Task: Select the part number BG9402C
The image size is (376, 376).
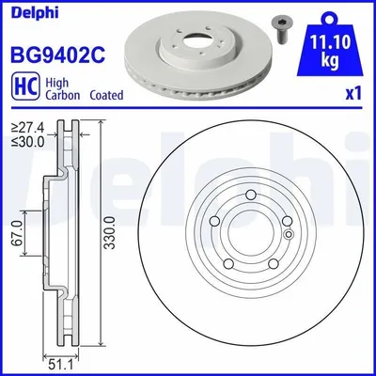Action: click(x=58, y=55)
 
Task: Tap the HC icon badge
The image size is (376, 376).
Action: click(x=25, y=86)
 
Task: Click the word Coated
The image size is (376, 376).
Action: click(x=106, y=95)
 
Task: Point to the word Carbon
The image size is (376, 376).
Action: click(x=63, y=95)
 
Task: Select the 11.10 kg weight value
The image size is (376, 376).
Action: click(x=330, y=51)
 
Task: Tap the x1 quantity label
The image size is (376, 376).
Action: click(x=353, y=94)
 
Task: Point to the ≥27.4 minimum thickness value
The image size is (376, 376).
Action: click(x=28, y=128)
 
